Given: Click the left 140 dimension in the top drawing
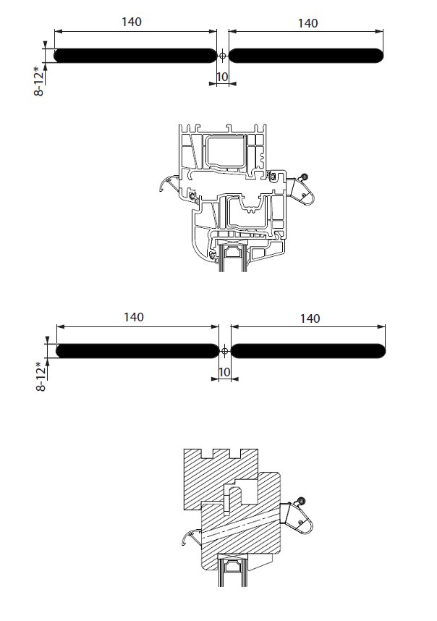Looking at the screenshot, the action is pos(132,22).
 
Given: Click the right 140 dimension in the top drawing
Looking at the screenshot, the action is pos(307,23).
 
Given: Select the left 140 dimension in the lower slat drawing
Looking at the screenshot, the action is pos(133,317).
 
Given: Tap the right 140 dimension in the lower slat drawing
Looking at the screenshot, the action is pos(310,318).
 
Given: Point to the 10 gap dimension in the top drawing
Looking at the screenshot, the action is pos(222,77).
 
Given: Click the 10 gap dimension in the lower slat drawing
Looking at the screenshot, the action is pos(224,372).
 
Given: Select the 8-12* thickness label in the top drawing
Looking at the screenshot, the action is pos(39,81).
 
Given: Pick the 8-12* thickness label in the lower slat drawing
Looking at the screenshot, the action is pos(41,376).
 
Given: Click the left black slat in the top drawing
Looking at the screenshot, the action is pos(135,56).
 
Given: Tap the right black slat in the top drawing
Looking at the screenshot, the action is pos(306,56).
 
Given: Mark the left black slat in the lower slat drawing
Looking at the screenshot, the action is pos(137,351).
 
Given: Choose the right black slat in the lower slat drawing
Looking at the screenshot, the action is pos(308,351).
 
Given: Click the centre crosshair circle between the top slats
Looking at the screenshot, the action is pos(222,56).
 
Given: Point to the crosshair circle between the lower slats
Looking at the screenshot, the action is pos(224,351).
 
